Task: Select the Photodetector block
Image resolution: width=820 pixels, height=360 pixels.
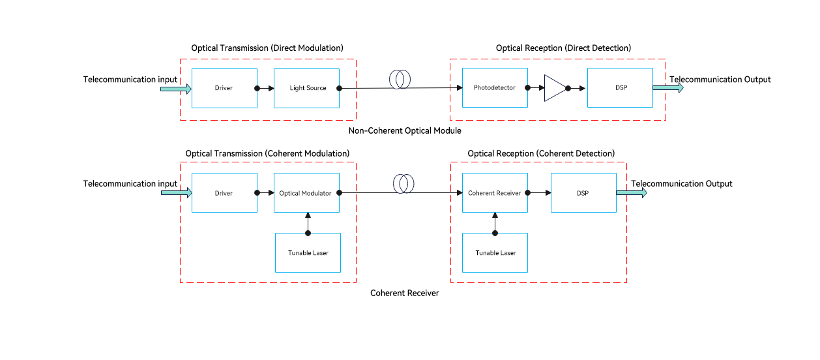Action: pos(494,88)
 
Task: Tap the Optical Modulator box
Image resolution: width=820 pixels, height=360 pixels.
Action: pos(306,193)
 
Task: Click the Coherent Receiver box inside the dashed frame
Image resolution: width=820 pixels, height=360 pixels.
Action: pos(494,193)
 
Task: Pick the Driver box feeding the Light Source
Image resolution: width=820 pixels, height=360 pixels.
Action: pos(224,88)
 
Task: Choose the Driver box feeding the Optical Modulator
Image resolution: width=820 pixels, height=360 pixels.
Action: pos(224,193)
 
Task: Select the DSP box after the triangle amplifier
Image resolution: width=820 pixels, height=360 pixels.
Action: pos(620,88)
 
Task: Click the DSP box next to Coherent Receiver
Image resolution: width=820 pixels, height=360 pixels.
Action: pos(583,193)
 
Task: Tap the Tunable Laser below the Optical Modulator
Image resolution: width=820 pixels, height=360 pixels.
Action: pos(308,252)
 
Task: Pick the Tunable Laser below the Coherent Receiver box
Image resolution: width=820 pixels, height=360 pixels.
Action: pos(495,252)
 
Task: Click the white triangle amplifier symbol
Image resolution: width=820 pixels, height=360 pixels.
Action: pos(553,88)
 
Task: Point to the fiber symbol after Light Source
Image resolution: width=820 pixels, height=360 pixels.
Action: pos(398,80)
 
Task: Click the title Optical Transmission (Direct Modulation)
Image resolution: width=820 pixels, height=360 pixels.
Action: pos(267,48)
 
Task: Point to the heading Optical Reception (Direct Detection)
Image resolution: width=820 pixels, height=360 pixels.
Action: pos(563,48)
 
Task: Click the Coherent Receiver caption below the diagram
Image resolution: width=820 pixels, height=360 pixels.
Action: pos(405,293)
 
